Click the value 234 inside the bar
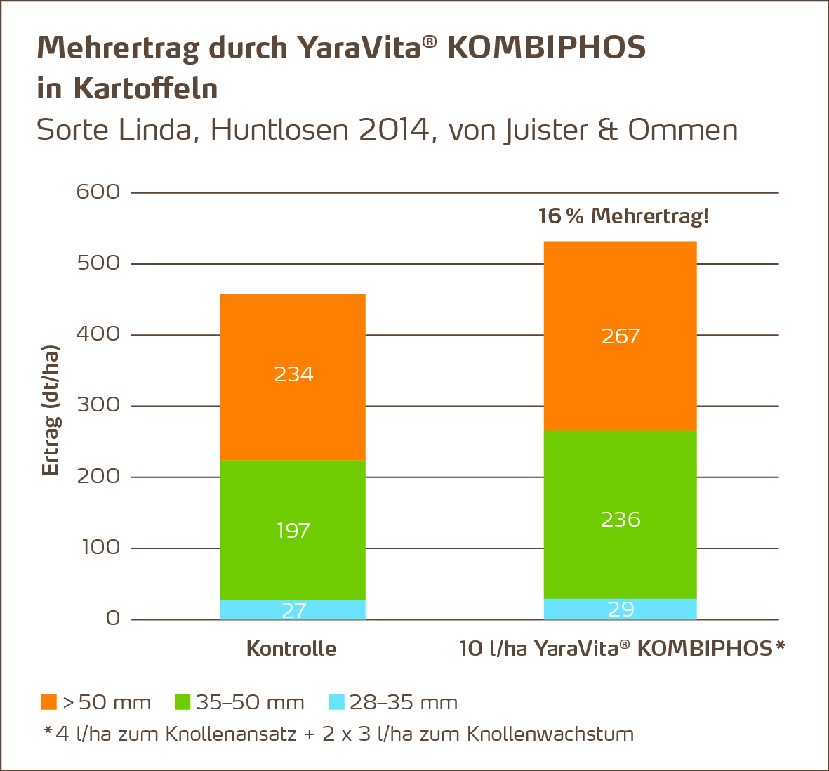tap(293, 374)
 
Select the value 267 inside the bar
tap(621, 336)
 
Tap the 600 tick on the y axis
tap(98, 192)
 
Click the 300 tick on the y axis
tap(98, 406)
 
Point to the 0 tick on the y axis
tap(113, 619)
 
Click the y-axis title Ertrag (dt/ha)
tap(51, 411)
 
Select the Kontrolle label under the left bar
tap(291, 648)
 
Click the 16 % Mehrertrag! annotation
tap(623, 216)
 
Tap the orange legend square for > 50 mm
tap(48, 702)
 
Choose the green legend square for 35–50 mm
tap(183, 702)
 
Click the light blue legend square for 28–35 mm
tap(337, 702)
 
